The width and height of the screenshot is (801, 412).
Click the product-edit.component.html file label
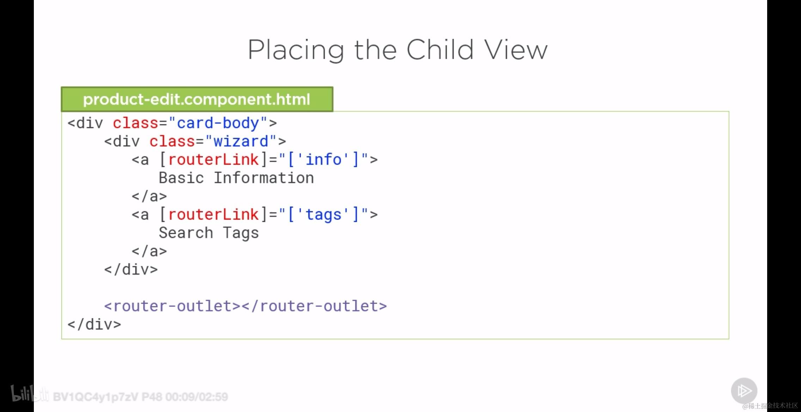point(197,99)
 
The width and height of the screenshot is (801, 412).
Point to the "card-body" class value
point(218,123)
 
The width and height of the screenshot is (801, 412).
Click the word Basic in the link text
point(181,178)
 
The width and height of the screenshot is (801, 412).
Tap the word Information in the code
point(264,178)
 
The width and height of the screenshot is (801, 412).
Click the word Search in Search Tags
point(186,233)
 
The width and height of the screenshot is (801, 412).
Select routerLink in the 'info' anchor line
point(213,160)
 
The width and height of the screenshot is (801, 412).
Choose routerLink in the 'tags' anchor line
point(213,214)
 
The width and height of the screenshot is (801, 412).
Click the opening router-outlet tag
point(172,306)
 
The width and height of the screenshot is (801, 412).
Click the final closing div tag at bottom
point(94,324)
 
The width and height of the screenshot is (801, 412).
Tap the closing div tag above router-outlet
point(131,269)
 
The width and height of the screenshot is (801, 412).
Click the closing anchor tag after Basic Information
point(149,196)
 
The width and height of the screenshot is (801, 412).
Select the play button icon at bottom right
point(744,391)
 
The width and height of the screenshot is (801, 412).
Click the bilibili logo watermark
point(30,394)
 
